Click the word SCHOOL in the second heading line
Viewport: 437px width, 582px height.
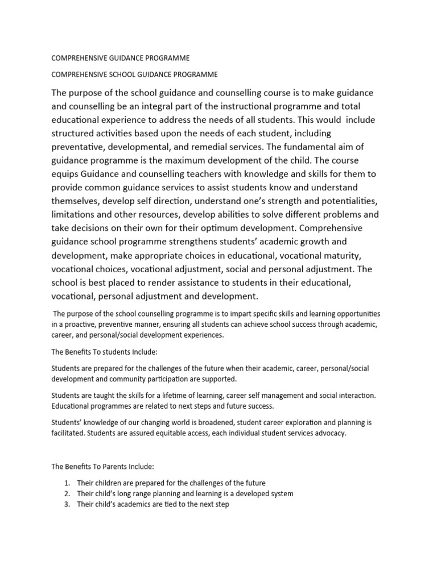(x=118, y=74)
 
